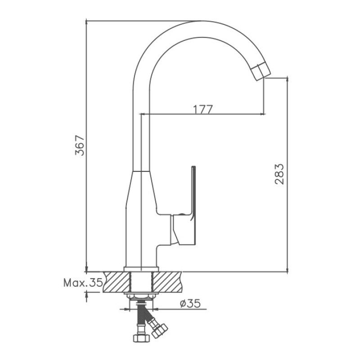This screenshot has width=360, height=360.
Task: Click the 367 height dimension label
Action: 80,145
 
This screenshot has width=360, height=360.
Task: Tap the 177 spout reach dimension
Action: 203,109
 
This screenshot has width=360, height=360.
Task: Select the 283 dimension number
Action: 279,174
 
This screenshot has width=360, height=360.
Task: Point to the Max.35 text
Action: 83,283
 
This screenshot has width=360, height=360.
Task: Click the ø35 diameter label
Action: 190,303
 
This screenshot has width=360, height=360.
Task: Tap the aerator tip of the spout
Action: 261,72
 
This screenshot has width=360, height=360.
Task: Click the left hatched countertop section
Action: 117,282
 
